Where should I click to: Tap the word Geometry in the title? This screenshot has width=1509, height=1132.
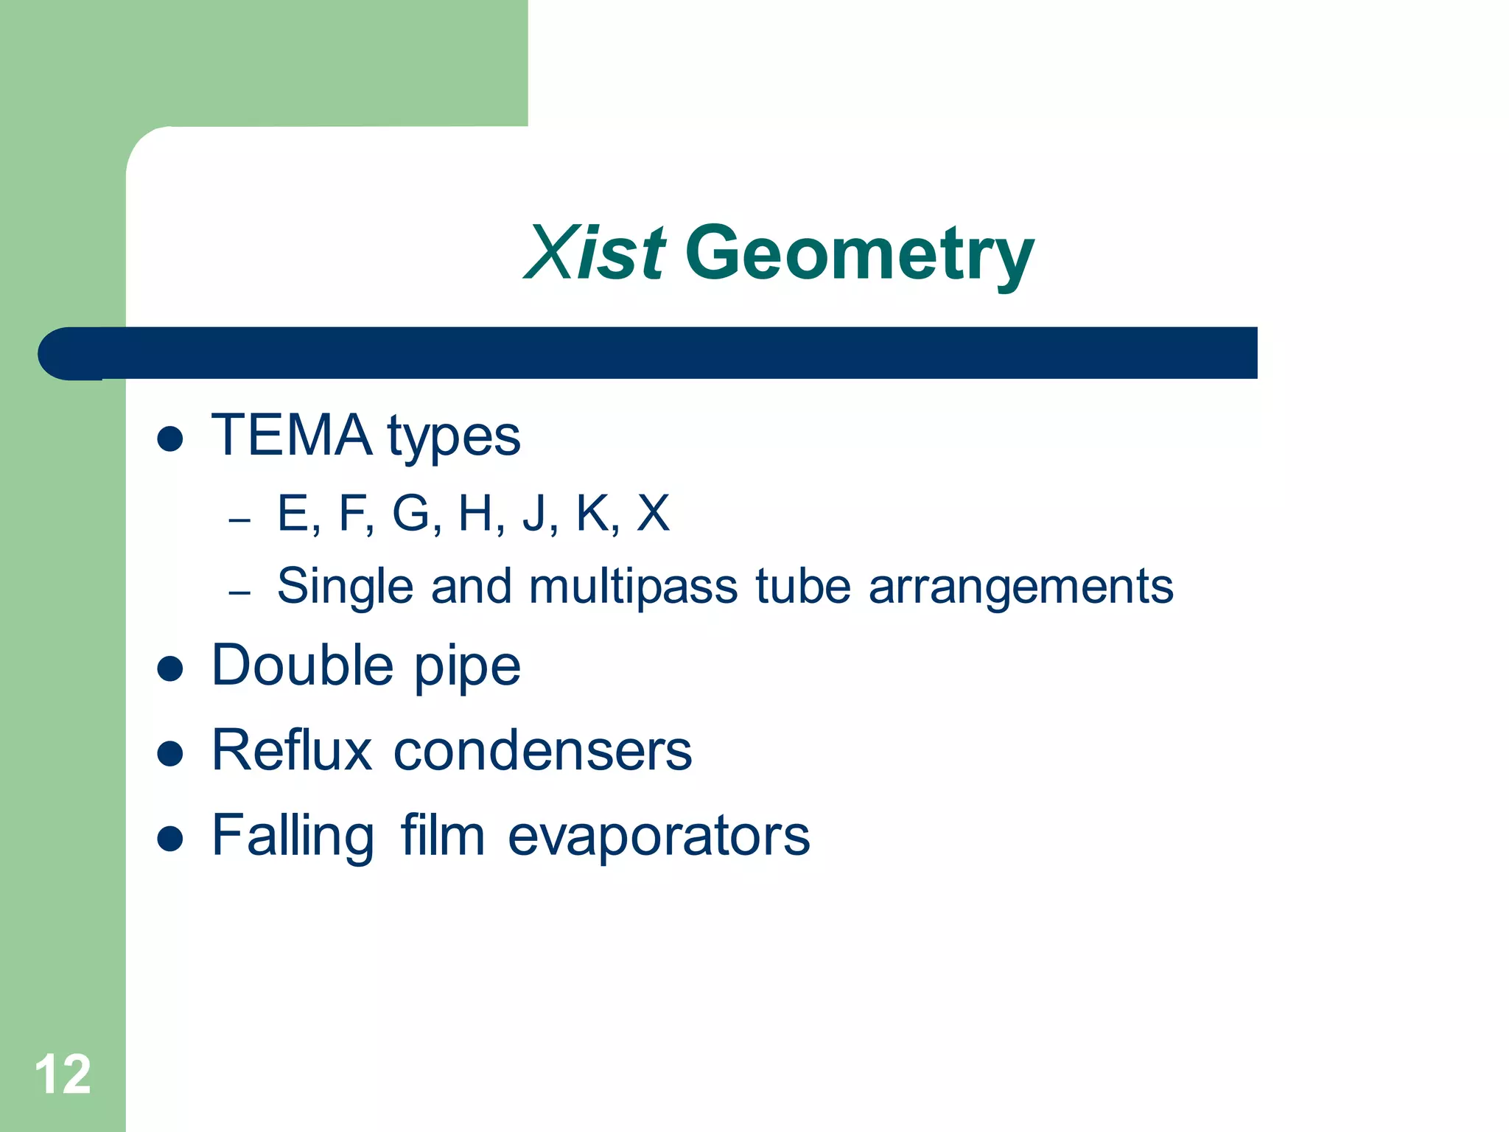(x=859, y=254)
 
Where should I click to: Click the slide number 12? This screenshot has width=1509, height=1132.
(x=63, y=1075)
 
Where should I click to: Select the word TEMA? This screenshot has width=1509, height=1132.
(x=292, y=436)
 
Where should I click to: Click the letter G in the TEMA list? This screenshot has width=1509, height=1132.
(x=411, y=513)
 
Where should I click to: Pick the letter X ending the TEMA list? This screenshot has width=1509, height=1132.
(x=653, y=513)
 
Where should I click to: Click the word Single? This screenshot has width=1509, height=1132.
(x=345, y=587)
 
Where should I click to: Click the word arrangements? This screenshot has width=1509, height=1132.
(x=1020, y=587)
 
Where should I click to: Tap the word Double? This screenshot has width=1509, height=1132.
(x=302, y=665)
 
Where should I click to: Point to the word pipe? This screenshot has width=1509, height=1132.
(x=467, y=668)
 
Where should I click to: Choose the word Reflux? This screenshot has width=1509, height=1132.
(x=292, y=751)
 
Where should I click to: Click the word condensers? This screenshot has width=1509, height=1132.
(x=543, y=751)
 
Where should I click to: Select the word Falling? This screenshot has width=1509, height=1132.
(x=293, y=836)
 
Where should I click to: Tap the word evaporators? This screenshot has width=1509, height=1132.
(x=659, y=836)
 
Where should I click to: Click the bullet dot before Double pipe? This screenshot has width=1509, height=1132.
(x=170, y=668)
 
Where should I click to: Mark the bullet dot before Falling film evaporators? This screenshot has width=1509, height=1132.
(x=170, y=839)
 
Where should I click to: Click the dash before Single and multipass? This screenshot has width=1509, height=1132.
(x=239, y=593)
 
